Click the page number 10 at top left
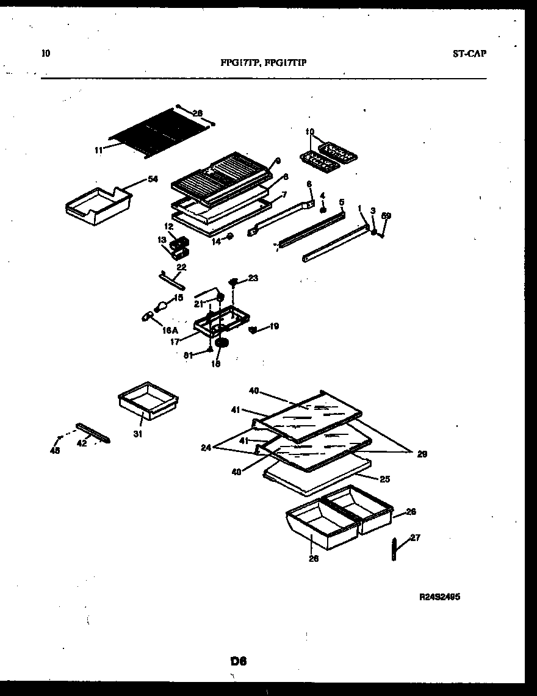point(46,53)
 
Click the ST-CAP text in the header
point(469,53)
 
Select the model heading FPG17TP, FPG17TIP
point(268,62)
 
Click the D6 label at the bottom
point(238,661)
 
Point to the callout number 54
point(153,179)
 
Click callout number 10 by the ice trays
point(309,131)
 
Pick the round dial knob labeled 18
point(222,345)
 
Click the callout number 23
point(253,278)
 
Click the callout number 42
point(82,443)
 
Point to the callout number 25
point(384,479)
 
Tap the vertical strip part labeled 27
point(394,549)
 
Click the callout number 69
point(386,216)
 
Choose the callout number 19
point(274,326)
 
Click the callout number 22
point(181,267)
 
